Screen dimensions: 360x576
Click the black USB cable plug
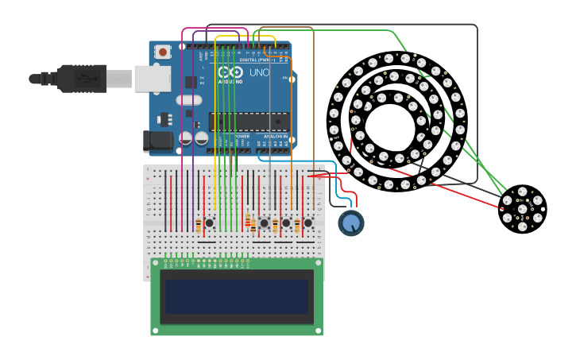(x=79, y=79)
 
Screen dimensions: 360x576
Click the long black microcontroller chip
(x=247, y=121)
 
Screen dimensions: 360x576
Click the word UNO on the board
(x=260, y=73)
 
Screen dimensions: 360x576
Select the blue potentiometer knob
(x=350, y=223)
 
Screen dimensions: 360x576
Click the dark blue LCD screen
(x=236, y=296)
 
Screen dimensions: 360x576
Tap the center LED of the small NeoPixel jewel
(x=522, y=209)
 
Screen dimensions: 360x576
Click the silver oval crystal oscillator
(x=189, y=100)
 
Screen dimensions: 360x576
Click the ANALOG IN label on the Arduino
(x=275, y=136)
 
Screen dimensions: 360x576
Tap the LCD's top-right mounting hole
(x=318, y=263)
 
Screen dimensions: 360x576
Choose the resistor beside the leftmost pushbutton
(x=198, y=225)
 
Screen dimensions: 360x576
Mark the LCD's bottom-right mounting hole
(x=318, y=331)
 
